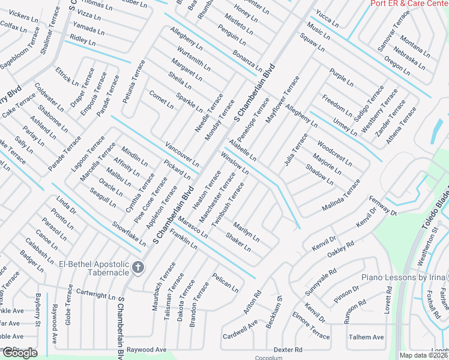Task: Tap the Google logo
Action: click(20, 353)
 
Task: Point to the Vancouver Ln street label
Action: click(182, 155)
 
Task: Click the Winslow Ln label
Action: click(235, 162)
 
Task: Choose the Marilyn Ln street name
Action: click(246, 232)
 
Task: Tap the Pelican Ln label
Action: click(225, 283)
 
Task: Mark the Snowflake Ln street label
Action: click(129, 234)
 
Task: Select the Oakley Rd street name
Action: click(341, 248)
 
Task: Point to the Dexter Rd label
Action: click(288, 349)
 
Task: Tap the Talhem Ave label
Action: click(366, 337)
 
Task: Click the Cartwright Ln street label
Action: click(95, 295)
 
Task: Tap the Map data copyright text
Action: click(424, 355)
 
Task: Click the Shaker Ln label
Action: click(238, 242)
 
